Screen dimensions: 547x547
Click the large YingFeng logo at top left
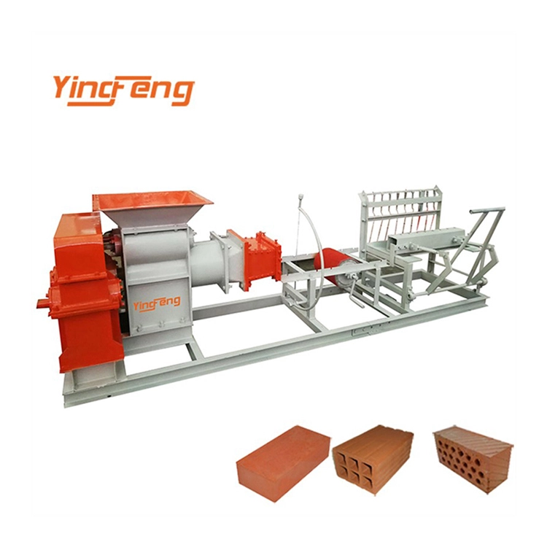pyautogui.click(x=123, y=90)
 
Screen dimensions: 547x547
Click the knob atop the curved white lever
pyautogui.click(x=299, y=198)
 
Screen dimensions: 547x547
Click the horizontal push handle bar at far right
pyautogui.click(x=487, y=212)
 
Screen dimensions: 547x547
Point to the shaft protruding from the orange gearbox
pyautogui.click(x=44, y=301)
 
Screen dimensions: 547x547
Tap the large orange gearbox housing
pyautogui.click(x=84, y=292)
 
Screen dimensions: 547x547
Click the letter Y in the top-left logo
pyautogui.click(x=63, y=88)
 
